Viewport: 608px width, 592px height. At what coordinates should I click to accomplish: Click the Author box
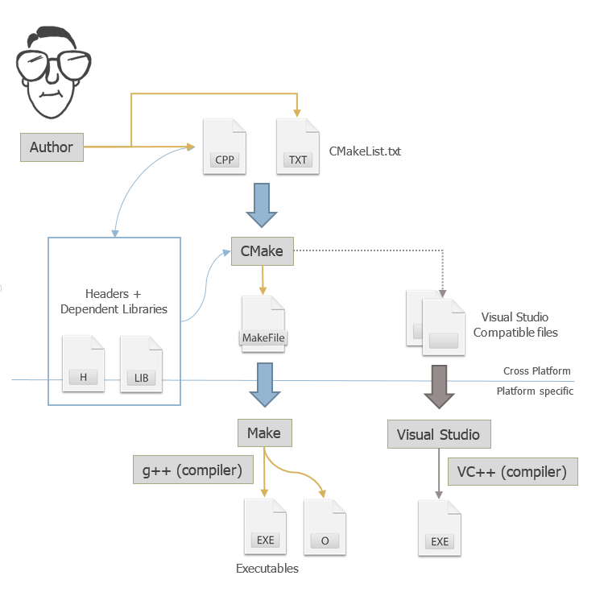click(52, 147)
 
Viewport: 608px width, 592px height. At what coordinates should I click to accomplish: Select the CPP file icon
click(224, 147)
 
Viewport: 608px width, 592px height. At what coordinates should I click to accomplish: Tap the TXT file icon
click(297, 147)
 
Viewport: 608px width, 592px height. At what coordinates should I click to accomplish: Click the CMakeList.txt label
click(365, 151)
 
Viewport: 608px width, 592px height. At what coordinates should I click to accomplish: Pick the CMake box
click(262, 251)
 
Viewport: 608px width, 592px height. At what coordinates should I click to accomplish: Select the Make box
click(264, 433)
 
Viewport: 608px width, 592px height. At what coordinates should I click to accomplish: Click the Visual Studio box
click(438, 435)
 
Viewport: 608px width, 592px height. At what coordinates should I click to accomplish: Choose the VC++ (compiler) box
click(512, 471)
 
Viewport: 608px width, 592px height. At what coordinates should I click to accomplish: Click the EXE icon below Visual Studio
click(439, 528)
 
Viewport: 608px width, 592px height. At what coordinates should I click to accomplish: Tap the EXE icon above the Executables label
click(265, 528)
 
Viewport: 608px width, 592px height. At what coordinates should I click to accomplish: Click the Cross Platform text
click(537, 371)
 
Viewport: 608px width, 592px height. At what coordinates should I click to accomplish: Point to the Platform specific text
click(535, 391)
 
